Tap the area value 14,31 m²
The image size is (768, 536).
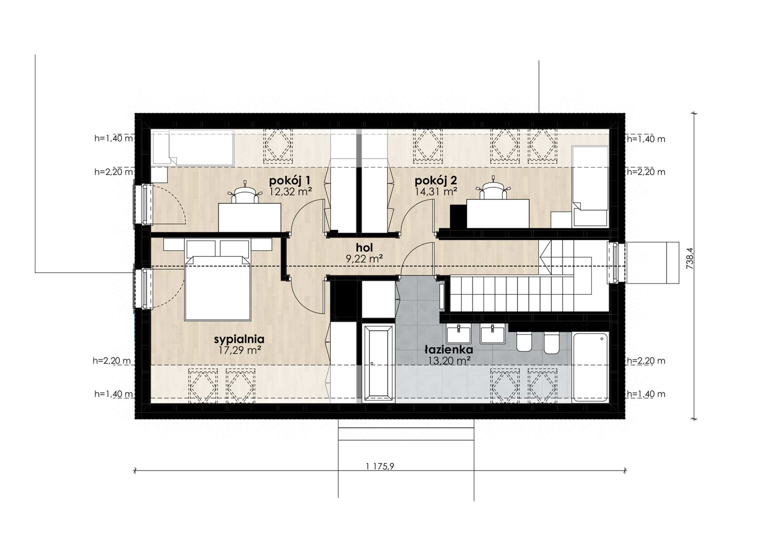436,192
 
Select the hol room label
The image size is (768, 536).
364,248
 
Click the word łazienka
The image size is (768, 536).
448,350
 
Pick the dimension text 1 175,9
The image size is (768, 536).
380,466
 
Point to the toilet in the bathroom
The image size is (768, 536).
524,341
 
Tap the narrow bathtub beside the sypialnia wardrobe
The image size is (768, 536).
378,363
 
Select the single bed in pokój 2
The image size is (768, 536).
590,186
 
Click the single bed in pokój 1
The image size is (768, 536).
193,148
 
